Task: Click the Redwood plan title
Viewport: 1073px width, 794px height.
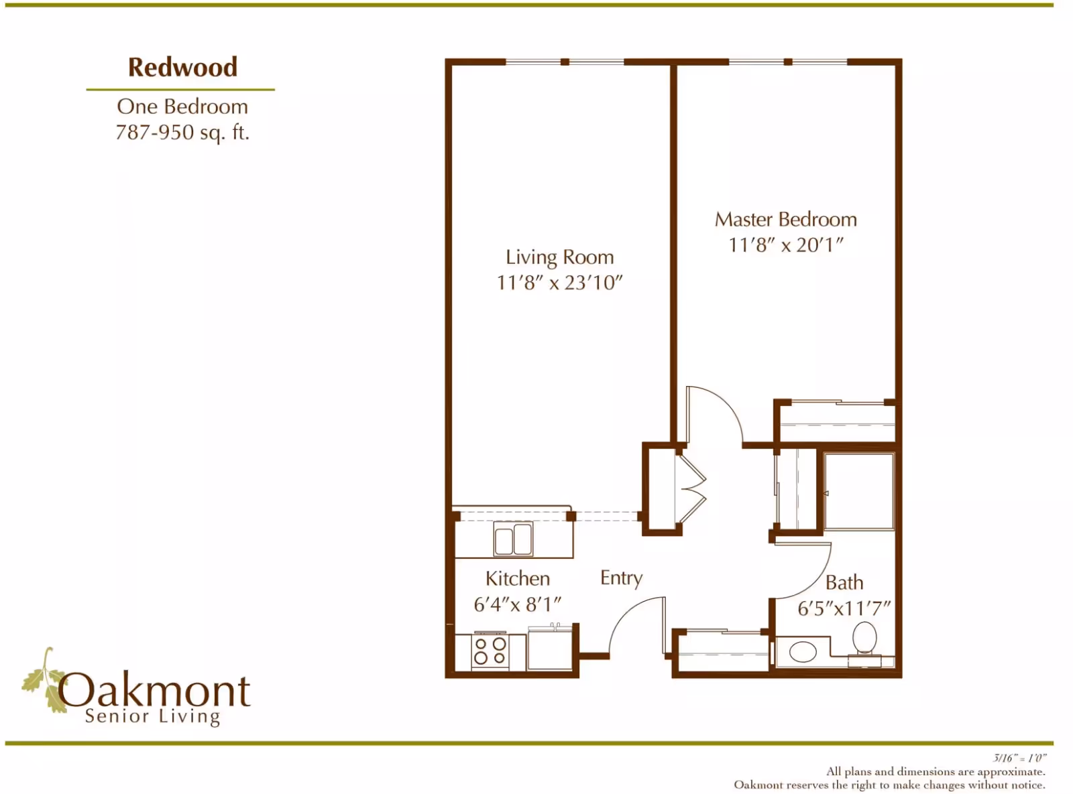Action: click(x=182, y=67)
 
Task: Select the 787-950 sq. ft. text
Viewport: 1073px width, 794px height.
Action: click(x=182, y=132)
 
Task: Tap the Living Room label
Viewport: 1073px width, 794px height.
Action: click(x=559, y=257)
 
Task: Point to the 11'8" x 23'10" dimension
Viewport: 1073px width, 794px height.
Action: click(x=559, y=283)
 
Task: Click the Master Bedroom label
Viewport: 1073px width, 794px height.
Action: click(x=785, y=219)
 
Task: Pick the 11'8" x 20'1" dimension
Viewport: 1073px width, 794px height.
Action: click(x=785, y=245)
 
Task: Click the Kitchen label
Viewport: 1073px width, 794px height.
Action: click(x=517, y=578)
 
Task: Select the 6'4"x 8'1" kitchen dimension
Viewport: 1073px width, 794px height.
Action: click(x=517, y=604)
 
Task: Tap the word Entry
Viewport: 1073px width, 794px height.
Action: click(x=621, y=578)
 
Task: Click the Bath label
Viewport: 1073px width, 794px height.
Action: click(x=844, y=582)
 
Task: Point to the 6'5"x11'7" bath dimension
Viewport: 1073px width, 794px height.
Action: click(x=844, y=608)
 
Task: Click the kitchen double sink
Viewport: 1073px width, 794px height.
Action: click(x=513, y=539)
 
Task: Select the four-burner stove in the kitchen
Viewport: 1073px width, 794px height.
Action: click(x=490, y=651)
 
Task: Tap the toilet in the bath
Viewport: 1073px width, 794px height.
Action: click(x=864, y=638)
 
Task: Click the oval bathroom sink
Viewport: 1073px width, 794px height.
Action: click(x=803, y=651)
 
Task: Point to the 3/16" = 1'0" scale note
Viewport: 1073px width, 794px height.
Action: click(x=1019, y=758)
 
